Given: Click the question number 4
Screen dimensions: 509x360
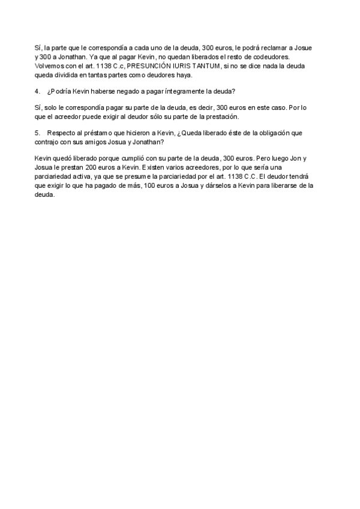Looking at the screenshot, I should [x=38, y=91].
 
